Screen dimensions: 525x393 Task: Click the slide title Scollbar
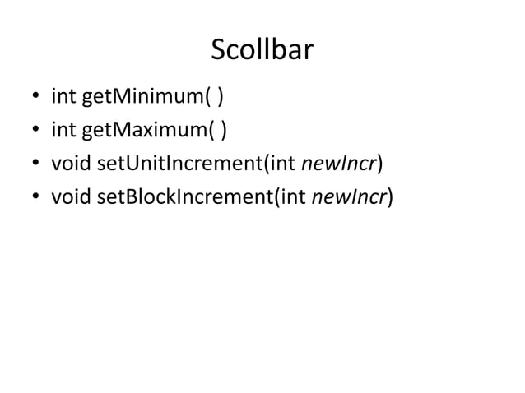click(x=262, y=51)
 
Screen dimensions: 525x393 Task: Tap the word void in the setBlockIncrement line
click(x=72, y=197)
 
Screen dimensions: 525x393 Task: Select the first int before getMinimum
click(x=63, y=99)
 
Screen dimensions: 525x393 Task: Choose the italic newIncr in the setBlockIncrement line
click(x=350, y=197)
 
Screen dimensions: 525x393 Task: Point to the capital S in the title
click(x=219, y=51)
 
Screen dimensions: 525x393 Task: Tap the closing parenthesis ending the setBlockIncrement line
click(x=389, y=197)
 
